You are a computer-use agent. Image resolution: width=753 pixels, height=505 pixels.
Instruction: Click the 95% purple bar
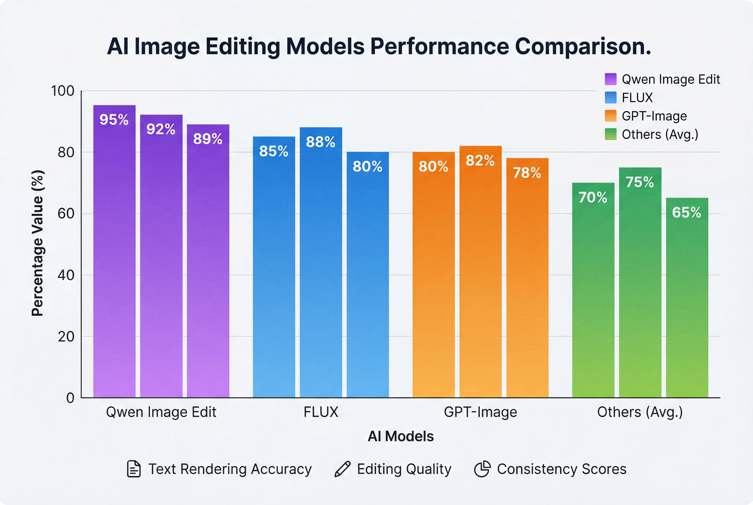pyautogui.click(x=114, y=251)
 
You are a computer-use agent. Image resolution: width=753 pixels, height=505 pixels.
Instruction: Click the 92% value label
pyautogui.click(x=161, y=129)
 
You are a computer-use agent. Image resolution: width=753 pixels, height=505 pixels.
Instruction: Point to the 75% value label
pyautogui.click(x=640, y=182)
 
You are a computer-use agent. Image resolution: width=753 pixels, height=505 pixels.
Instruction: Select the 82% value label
pyautogui.click(x=480, y=160)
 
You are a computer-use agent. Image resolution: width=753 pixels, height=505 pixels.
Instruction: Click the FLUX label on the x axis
pyautogui.click(x=321, y=412)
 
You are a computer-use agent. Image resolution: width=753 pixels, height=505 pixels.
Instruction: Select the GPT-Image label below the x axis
pyautogui.click(x=480, y=412)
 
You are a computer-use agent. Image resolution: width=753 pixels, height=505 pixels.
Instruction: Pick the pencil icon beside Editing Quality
pyautogui.click(x=343, y=469)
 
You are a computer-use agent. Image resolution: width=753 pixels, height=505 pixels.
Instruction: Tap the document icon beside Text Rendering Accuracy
pyautogui.click(x=134, y=469)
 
